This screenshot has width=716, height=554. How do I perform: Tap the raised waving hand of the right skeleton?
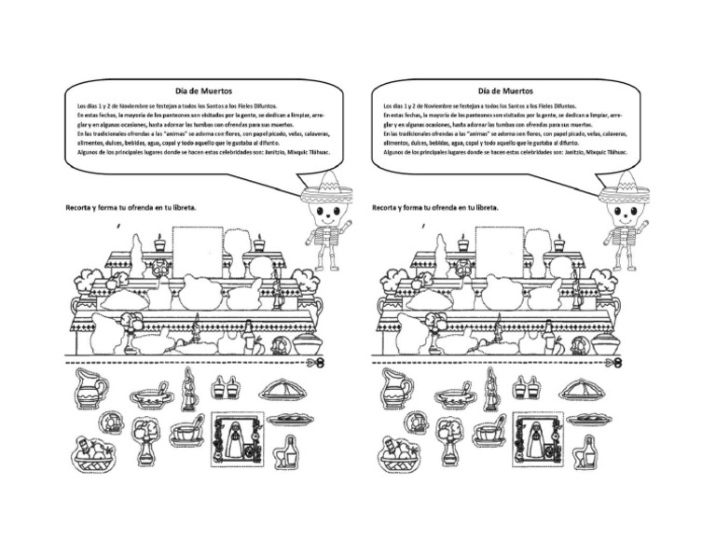[x=643, y=226]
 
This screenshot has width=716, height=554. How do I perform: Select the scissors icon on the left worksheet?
[x=322, y=360]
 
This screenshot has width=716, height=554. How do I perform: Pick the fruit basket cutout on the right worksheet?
[x=399, y=455]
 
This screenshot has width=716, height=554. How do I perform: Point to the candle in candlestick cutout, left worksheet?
[x=188, y=390]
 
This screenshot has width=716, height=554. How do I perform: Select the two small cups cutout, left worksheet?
[x=223, y=387]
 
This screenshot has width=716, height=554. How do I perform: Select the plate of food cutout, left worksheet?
[x=288, y=419]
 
